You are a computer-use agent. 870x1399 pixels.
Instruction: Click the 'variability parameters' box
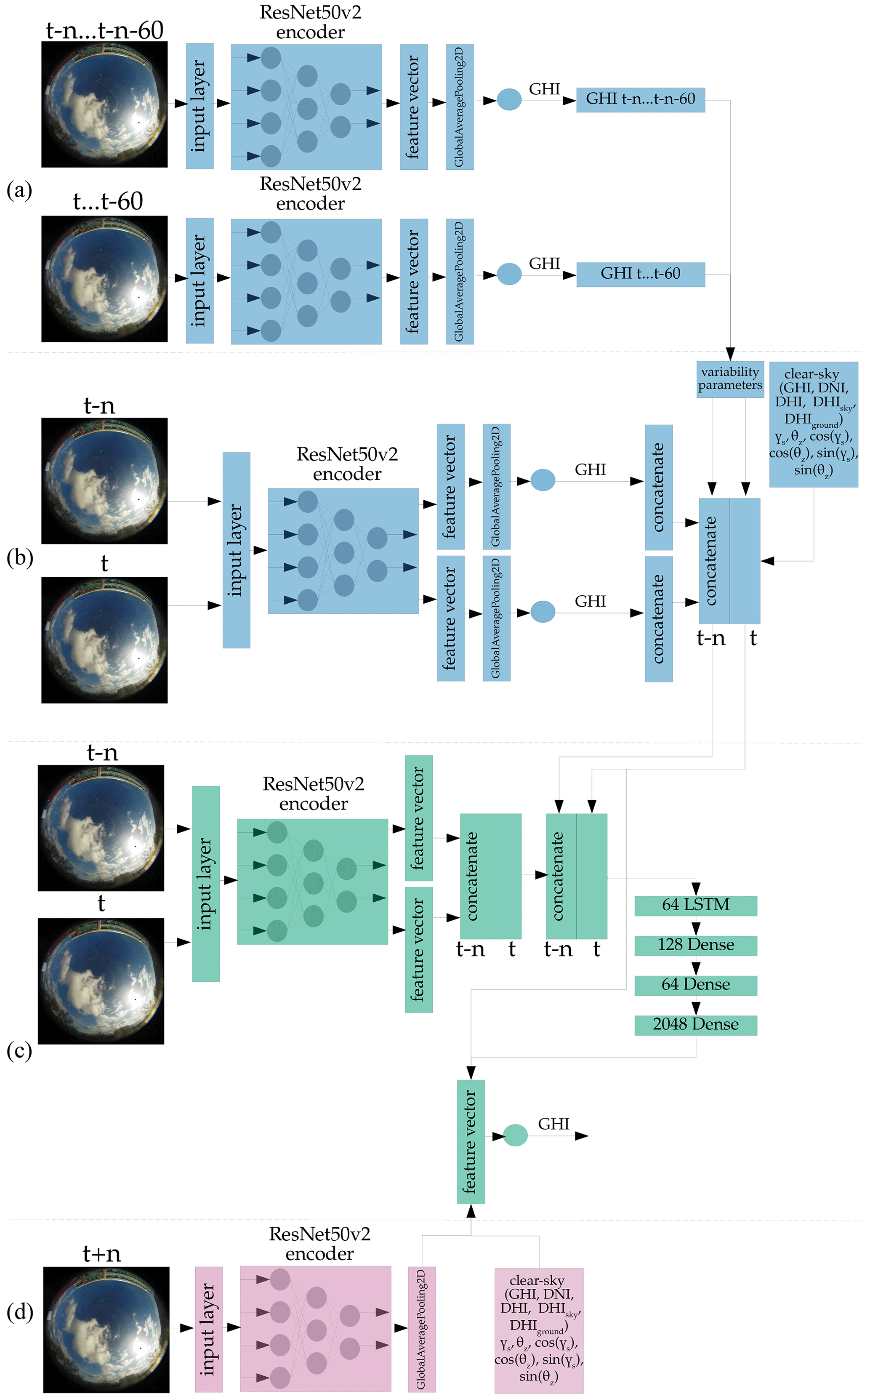pyautogui.click(x=729, y=379)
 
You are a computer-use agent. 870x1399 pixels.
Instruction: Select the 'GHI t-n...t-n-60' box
pyautogui.click(x=641, y=99)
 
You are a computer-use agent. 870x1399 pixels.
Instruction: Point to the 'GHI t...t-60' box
pyautogui.click(x=641, y=274)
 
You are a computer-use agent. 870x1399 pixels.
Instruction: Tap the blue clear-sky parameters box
pyautogui.click(x=813, y=424)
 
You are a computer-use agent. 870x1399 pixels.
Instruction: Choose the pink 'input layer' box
pyautogui.click(x=209, y=1329)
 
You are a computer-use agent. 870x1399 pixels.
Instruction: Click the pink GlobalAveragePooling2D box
pyautogui.click(x=422, y=1329)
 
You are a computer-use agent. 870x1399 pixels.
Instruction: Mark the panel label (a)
pyautogui.click(x=19, y=190)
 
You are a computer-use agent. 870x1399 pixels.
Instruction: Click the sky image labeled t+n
pyautogui.click(x=106, y=1329)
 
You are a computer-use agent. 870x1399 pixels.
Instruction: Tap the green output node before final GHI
pyautogui.click(x=515, y=1135)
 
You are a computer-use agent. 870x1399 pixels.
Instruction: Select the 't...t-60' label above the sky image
pyautogui.click(x=108, y=201)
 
